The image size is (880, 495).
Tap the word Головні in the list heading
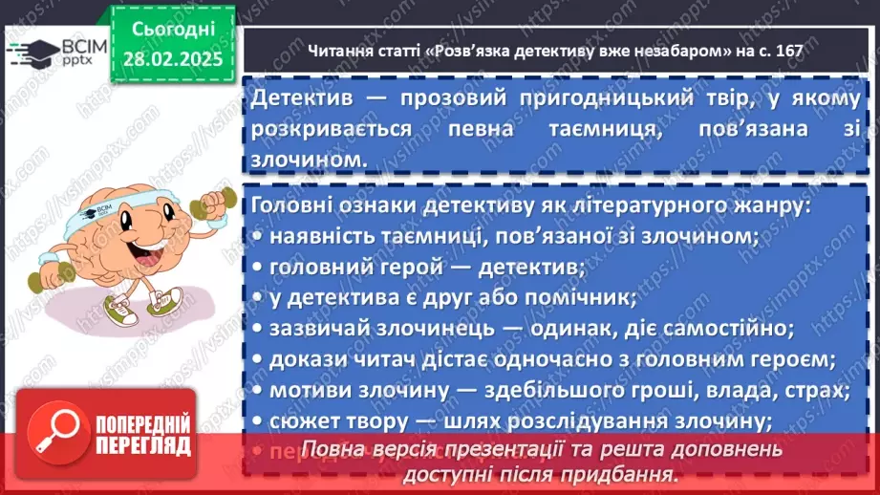(x=289, y=205)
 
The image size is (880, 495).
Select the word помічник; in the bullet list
(x=587, y=297)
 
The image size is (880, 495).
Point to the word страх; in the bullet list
(x=811, y=390)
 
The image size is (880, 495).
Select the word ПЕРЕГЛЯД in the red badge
(x=143, y=446)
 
